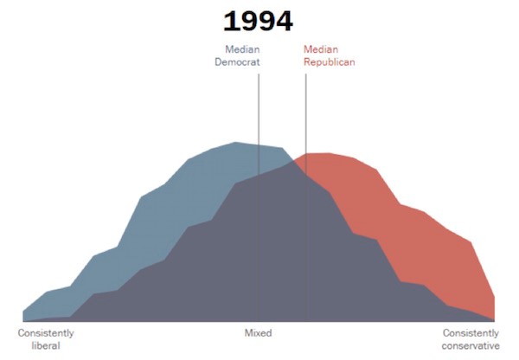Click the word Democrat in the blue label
pyautogui.click(x=237, y=62)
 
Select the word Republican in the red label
pyautogui.click(x=330, y=62)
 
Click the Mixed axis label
pyautogui.click(x=258, y=333)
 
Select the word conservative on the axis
pyautogui.click(x=471, y=346)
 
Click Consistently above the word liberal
pyautogui.click(x=47, y=333)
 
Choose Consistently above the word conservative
pyautogui.click(x=471, y=333)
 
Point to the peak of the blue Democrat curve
pyautogui.click(x=235, y=143)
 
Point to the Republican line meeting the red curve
pyautogui.click(x=306, y=154)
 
